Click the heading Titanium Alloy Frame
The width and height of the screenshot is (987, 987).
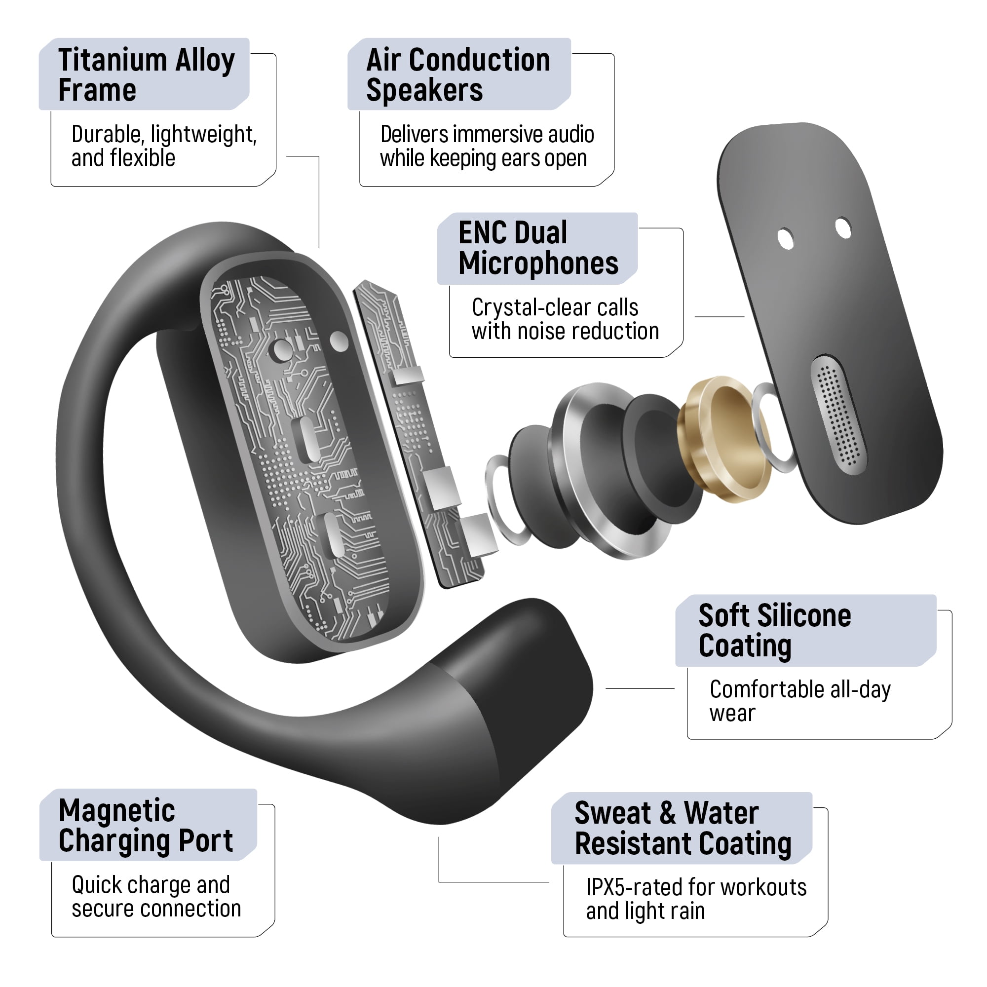coord(146,75)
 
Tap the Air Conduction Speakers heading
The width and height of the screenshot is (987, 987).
coord(458,75)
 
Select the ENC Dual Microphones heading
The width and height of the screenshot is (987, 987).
coord(538,248)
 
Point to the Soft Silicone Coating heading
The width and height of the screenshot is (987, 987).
coord(774,630)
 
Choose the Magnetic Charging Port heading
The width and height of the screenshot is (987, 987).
coord(146,826)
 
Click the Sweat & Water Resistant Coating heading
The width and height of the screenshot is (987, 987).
coord(683,829)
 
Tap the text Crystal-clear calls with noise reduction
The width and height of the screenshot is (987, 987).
coord(565,319)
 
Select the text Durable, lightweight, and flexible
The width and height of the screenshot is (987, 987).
coord(164,146)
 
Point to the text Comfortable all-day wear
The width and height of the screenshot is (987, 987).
coord(800,701)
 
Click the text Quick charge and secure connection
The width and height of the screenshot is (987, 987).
coord(156,897)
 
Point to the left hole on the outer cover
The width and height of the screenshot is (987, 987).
coord(785,238)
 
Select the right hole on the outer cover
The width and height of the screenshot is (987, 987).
coord(843,228)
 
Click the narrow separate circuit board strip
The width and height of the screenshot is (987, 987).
coord(419,434)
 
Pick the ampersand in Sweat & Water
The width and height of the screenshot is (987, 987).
coord(667,813)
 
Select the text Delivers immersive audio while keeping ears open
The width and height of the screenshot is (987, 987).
coord(487,146)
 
